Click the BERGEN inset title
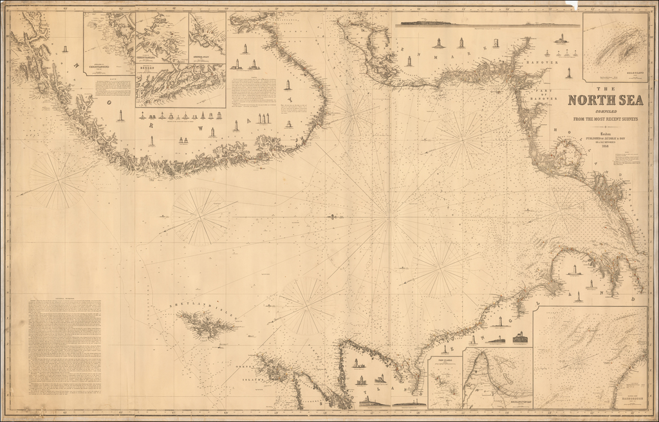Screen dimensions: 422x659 point(146,66)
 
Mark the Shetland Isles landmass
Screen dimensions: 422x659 point(205,324)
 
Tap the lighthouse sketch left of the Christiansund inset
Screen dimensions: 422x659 point(65,48)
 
